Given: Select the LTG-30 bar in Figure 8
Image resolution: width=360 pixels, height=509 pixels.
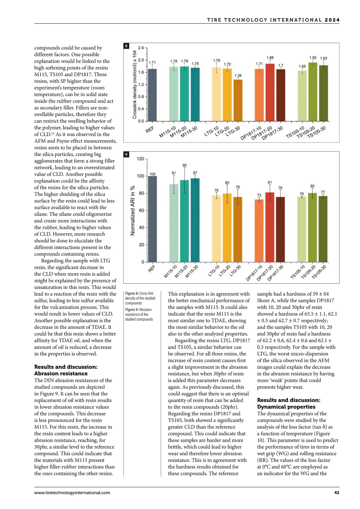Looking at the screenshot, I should (238, 100).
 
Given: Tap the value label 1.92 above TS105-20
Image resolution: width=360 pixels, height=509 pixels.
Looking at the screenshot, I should (313, 58).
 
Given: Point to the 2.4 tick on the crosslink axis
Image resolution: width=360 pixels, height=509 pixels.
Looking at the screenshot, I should (141, 48).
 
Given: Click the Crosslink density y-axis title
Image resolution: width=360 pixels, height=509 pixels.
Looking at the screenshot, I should (135, 85).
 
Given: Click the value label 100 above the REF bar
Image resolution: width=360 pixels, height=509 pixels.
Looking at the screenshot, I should (152, 174).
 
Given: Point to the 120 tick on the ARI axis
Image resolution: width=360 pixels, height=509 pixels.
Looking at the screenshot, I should (140, 159).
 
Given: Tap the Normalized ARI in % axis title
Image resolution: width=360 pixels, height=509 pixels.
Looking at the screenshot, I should (132, 210).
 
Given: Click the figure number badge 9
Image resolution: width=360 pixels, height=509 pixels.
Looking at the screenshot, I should (126, 155).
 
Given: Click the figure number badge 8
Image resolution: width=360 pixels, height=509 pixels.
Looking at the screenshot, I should (126, 46).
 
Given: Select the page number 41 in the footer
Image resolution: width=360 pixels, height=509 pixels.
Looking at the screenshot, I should (337, 492).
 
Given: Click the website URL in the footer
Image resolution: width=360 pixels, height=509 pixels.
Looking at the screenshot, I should (72, 492).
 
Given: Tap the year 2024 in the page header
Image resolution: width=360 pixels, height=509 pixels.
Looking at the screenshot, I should (332, 20).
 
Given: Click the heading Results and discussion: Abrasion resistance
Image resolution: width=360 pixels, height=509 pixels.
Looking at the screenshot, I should (66, 370).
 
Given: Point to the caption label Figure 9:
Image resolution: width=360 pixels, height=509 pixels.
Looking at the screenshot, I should (132, 309).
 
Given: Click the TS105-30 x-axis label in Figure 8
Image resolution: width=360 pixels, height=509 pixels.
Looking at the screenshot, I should (316, 132).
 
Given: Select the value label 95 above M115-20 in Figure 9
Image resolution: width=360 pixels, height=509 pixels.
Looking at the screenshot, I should (184, 165).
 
